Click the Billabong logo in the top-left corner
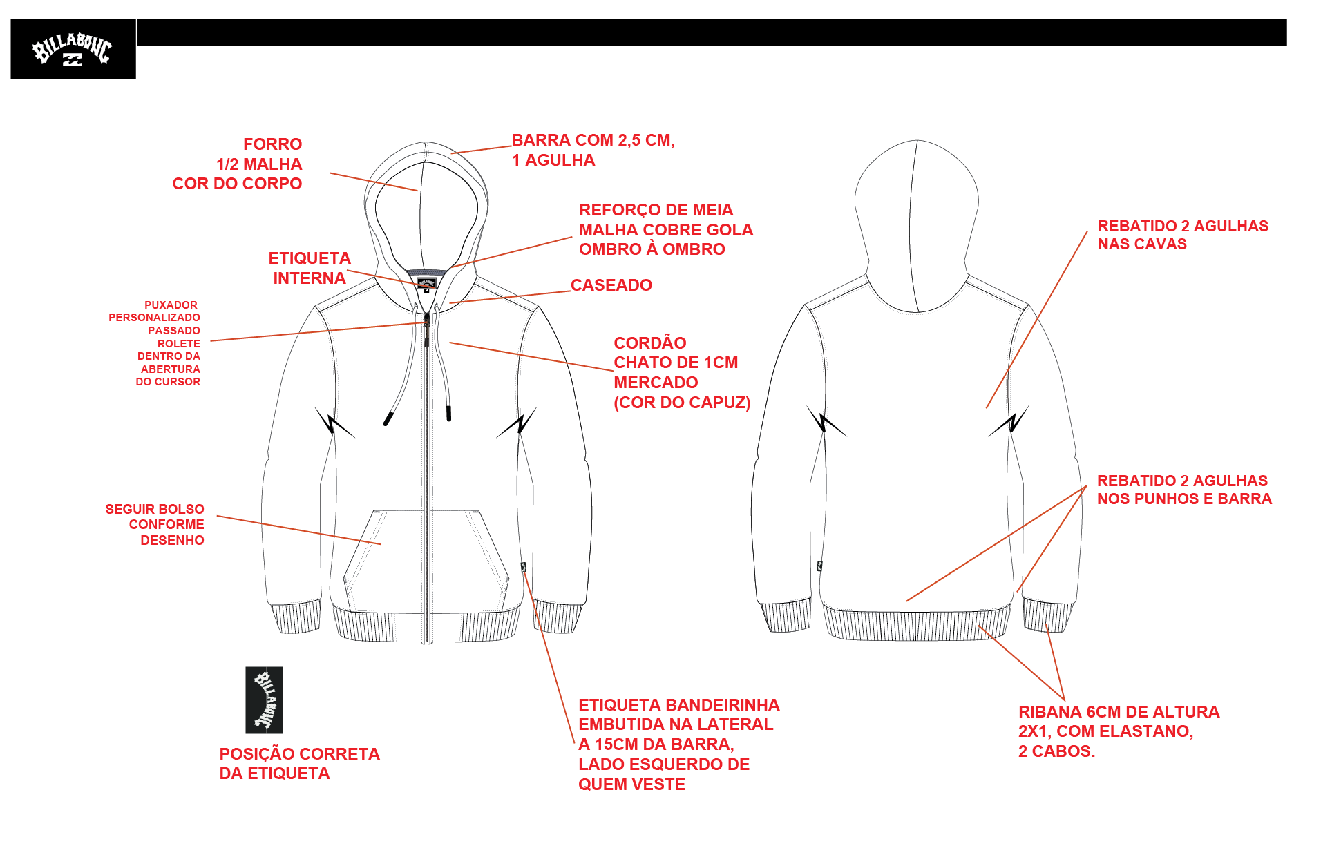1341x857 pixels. click(x=73, y=49)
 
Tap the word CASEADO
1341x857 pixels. click(x=611, y=285)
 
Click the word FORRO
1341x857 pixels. click(x=273, y=144)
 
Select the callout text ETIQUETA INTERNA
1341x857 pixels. click(x=310, y=268)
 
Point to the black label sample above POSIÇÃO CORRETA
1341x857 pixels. click(x=265, y=700)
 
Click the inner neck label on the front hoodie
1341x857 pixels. click(x=426, y=283)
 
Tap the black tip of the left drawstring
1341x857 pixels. click(x=388, y=418)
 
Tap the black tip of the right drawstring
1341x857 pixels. click(x=449, y=413)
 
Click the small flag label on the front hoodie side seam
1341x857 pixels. click(x=524, y=568)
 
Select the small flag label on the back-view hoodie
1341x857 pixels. click(x=819, y=566)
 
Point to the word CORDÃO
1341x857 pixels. click(x=650, y=343)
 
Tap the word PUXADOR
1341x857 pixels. click(x=171, y=305)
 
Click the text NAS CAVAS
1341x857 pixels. click(x=1142, y=244)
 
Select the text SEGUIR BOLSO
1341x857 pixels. click(x=155, y=509)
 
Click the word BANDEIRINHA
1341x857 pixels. click(x=723, y=705)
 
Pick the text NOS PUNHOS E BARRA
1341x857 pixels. click(x=1184, y=499)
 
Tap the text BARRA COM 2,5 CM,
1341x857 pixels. click(x=593, y=140)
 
